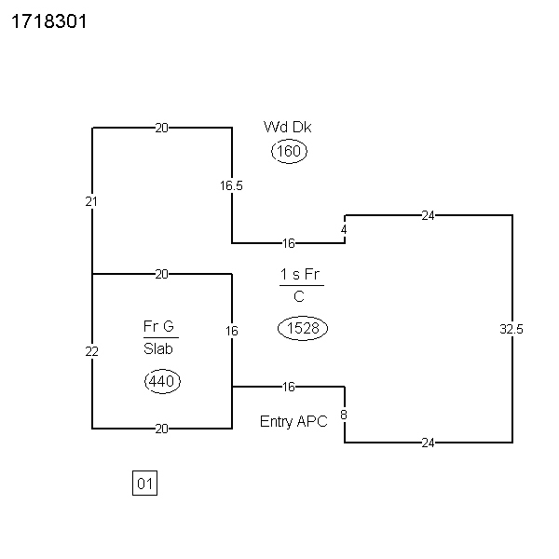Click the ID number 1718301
coord(49,21)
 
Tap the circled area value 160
coord(289,151)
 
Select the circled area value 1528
coord(303,328)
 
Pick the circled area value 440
coord(162,381)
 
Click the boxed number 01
coord(144,484)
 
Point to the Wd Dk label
coord(287,127)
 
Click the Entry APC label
coord(293,421)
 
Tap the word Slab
coord(158,348)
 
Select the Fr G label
coord(158,326)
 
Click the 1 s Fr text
coord(300,274)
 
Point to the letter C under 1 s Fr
coord(299,296)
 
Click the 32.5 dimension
coord(511,329)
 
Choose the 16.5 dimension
coord(231,185)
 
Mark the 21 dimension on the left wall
coord(91,202)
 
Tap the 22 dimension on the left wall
coord(91,352)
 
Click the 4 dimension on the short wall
coord(344,230)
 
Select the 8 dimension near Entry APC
coord(344,415)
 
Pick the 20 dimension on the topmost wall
coord(161,128)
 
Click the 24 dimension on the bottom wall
coord(428,443)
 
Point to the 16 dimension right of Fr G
coord(232,331)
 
